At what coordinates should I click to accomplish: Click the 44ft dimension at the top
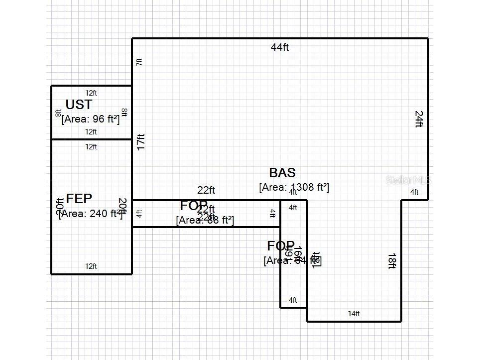280,47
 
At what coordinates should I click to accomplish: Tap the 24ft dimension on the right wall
419,119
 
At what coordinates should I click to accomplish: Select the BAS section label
282,173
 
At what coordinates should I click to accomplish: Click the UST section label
79,105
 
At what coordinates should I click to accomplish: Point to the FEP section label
79,199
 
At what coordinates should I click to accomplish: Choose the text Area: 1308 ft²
294,187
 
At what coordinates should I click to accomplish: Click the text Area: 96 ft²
91,119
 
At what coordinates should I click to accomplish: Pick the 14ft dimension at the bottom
354,314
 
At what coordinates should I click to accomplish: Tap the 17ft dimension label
141,142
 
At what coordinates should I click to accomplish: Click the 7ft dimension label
139,62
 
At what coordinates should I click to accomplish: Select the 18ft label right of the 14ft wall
392,261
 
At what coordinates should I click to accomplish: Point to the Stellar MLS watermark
407,180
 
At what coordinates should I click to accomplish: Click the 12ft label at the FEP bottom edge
91,266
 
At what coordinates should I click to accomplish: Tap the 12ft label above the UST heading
91,93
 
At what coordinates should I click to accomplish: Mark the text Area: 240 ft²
90,214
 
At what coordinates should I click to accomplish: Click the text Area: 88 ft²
205,220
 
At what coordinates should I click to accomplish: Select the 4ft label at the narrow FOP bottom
293,300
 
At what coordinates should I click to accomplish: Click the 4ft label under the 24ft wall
414,192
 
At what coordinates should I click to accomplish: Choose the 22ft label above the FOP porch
206,190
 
